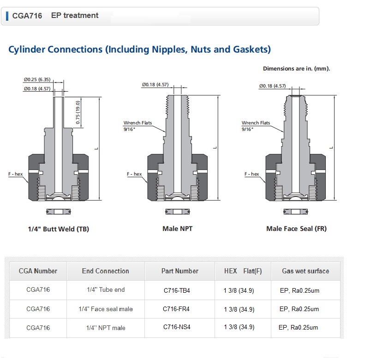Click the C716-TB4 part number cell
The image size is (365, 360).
click(177, 290)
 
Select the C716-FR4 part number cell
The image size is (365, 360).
click(176, 309)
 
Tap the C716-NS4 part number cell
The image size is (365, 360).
click(177, 327)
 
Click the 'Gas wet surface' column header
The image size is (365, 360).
click(305, 271)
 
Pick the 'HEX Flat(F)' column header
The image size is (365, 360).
click(243, 271)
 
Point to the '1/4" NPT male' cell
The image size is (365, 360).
click(106, 328)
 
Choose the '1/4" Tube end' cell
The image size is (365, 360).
click(106, 289)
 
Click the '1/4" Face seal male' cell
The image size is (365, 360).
click(106, 309)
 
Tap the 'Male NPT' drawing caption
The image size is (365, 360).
click(177, 229)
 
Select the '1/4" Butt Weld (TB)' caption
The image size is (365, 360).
click(59, 229)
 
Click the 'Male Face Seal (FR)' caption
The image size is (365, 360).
click(296, 229)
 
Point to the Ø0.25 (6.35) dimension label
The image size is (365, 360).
click(37, 80)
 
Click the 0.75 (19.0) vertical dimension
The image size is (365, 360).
click(78, 112)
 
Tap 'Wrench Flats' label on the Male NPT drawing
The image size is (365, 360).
click(138, 123)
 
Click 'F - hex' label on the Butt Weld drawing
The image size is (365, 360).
click(15, 174)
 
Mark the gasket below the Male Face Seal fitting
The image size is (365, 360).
click(296, 212)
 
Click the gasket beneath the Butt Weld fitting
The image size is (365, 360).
click(59, 212)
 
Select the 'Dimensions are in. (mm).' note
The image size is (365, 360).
click(296, 69)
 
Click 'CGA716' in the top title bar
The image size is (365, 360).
click(27, 16)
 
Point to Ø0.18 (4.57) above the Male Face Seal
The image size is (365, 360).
click(272, 86)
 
